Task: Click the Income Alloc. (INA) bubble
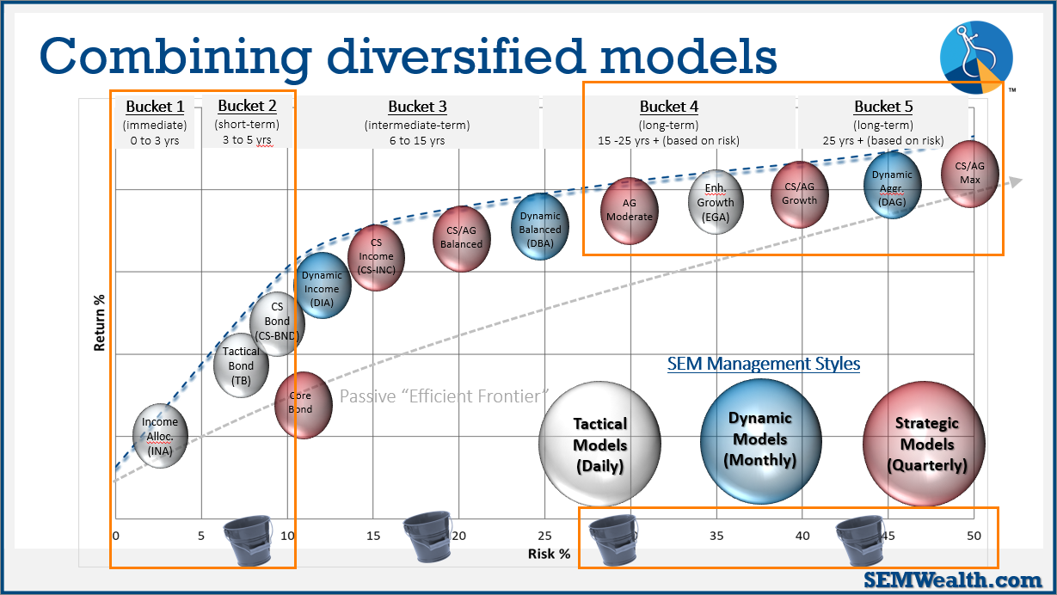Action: (160, 436)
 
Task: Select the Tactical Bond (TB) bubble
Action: (241, 365)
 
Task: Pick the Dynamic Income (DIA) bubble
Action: (323, 286)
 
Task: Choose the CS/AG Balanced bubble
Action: (462, 237)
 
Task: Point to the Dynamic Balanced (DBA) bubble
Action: (540, 227)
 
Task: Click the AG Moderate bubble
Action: (630, 211)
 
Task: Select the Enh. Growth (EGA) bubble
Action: (716, 203)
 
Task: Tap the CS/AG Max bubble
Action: (971, 175)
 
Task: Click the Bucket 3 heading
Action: (417, 107)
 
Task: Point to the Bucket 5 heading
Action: (883, 107)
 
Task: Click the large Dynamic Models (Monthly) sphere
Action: (760, 439)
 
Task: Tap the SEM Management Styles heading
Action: (764, 364)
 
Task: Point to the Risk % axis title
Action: (549, 554)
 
